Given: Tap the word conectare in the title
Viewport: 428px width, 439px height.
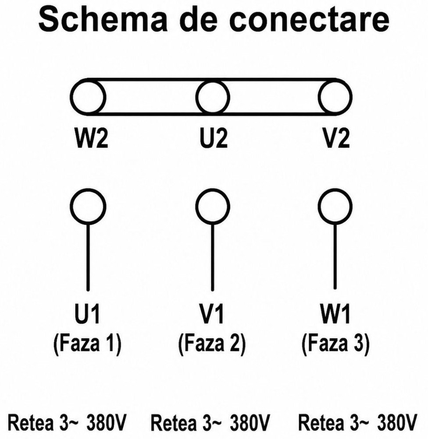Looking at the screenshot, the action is (309, 20).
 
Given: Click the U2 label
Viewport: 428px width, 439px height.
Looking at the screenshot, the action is (214, 137).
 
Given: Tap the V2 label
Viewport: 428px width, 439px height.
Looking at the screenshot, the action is (336, 137).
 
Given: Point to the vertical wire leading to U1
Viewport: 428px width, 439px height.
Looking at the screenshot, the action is (88, 257).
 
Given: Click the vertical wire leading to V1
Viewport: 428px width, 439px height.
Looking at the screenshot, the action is (212, 257).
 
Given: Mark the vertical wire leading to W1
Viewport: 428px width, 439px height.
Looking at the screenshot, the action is (335, 256).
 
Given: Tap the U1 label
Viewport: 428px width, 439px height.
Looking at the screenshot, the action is (88, 314).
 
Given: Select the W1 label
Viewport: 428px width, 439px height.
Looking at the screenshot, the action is (335, 314).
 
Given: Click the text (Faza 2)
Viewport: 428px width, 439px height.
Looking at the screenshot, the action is (212, 343).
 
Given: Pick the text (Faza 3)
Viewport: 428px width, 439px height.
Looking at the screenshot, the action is (335, 343).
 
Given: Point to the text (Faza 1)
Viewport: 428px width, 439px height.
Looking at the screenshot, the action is (87, 343).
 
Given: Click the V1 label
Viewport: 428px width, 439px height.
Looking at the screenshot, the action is (212, 314).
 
